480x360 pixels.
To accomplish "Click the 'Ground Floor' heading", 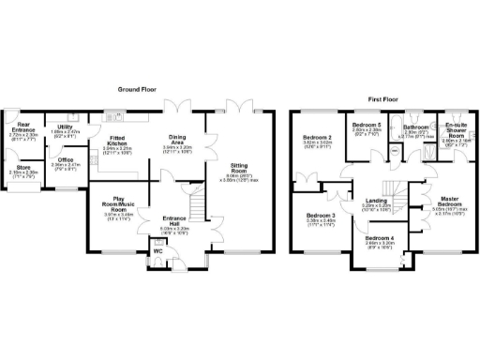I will (135, 89).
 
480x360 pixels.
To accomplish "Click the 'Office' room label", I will (65, 160).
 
